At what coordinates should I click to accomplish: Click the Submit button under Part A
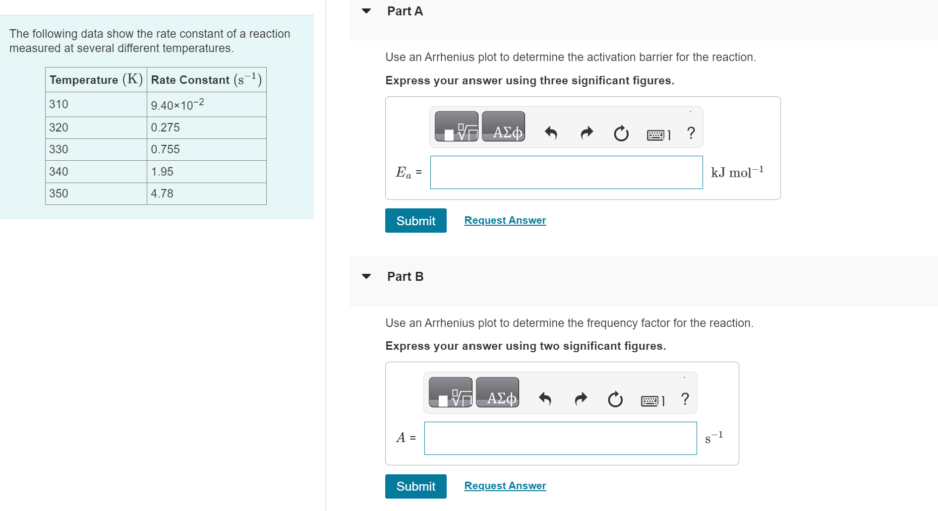[x=415, y=220]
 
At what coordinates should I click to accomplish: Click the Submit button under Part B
[x=415, y=486]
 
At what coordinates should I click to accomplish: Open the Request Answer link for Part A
[x=505, y=220]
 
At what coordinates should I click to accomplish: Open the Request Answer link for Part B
[x=505, y=486]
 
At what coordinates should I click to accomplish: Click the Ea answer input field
[x=566, y=172]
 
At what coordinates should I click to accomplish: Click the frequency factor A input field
[x=560, y=438]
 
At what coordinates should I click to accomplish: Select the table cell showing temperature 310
[x=96, y=104]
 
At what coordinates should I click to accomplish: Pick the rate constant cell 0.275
[x=207, y=128]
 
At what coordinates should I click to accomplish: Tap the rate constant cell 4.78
[x=207, y=193]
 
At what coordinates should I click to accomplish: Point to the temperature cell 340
[x=96, y=172]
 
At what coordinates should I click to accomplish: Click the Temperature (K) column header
[x=96, y=80]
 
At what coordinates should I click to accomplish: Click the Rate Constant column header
[x=207, y=80]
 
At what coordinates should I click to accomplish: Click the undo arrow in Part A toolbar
[x=551, y=133]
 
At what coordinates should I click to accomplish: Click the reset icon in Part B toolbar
[x=615, y=399]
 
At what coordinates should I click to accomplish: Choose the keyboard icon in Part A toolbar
[x=658, y=134]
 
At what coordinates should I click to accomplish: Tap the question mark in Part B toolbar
[x=685, y=398]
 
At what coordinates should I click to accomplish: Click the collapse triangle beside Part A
[x=366, y=11]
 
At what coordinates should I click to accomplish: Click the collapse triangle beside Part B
[x=366, y=276]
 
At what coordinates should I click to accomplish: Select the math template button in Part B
[x=450, y=392]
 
